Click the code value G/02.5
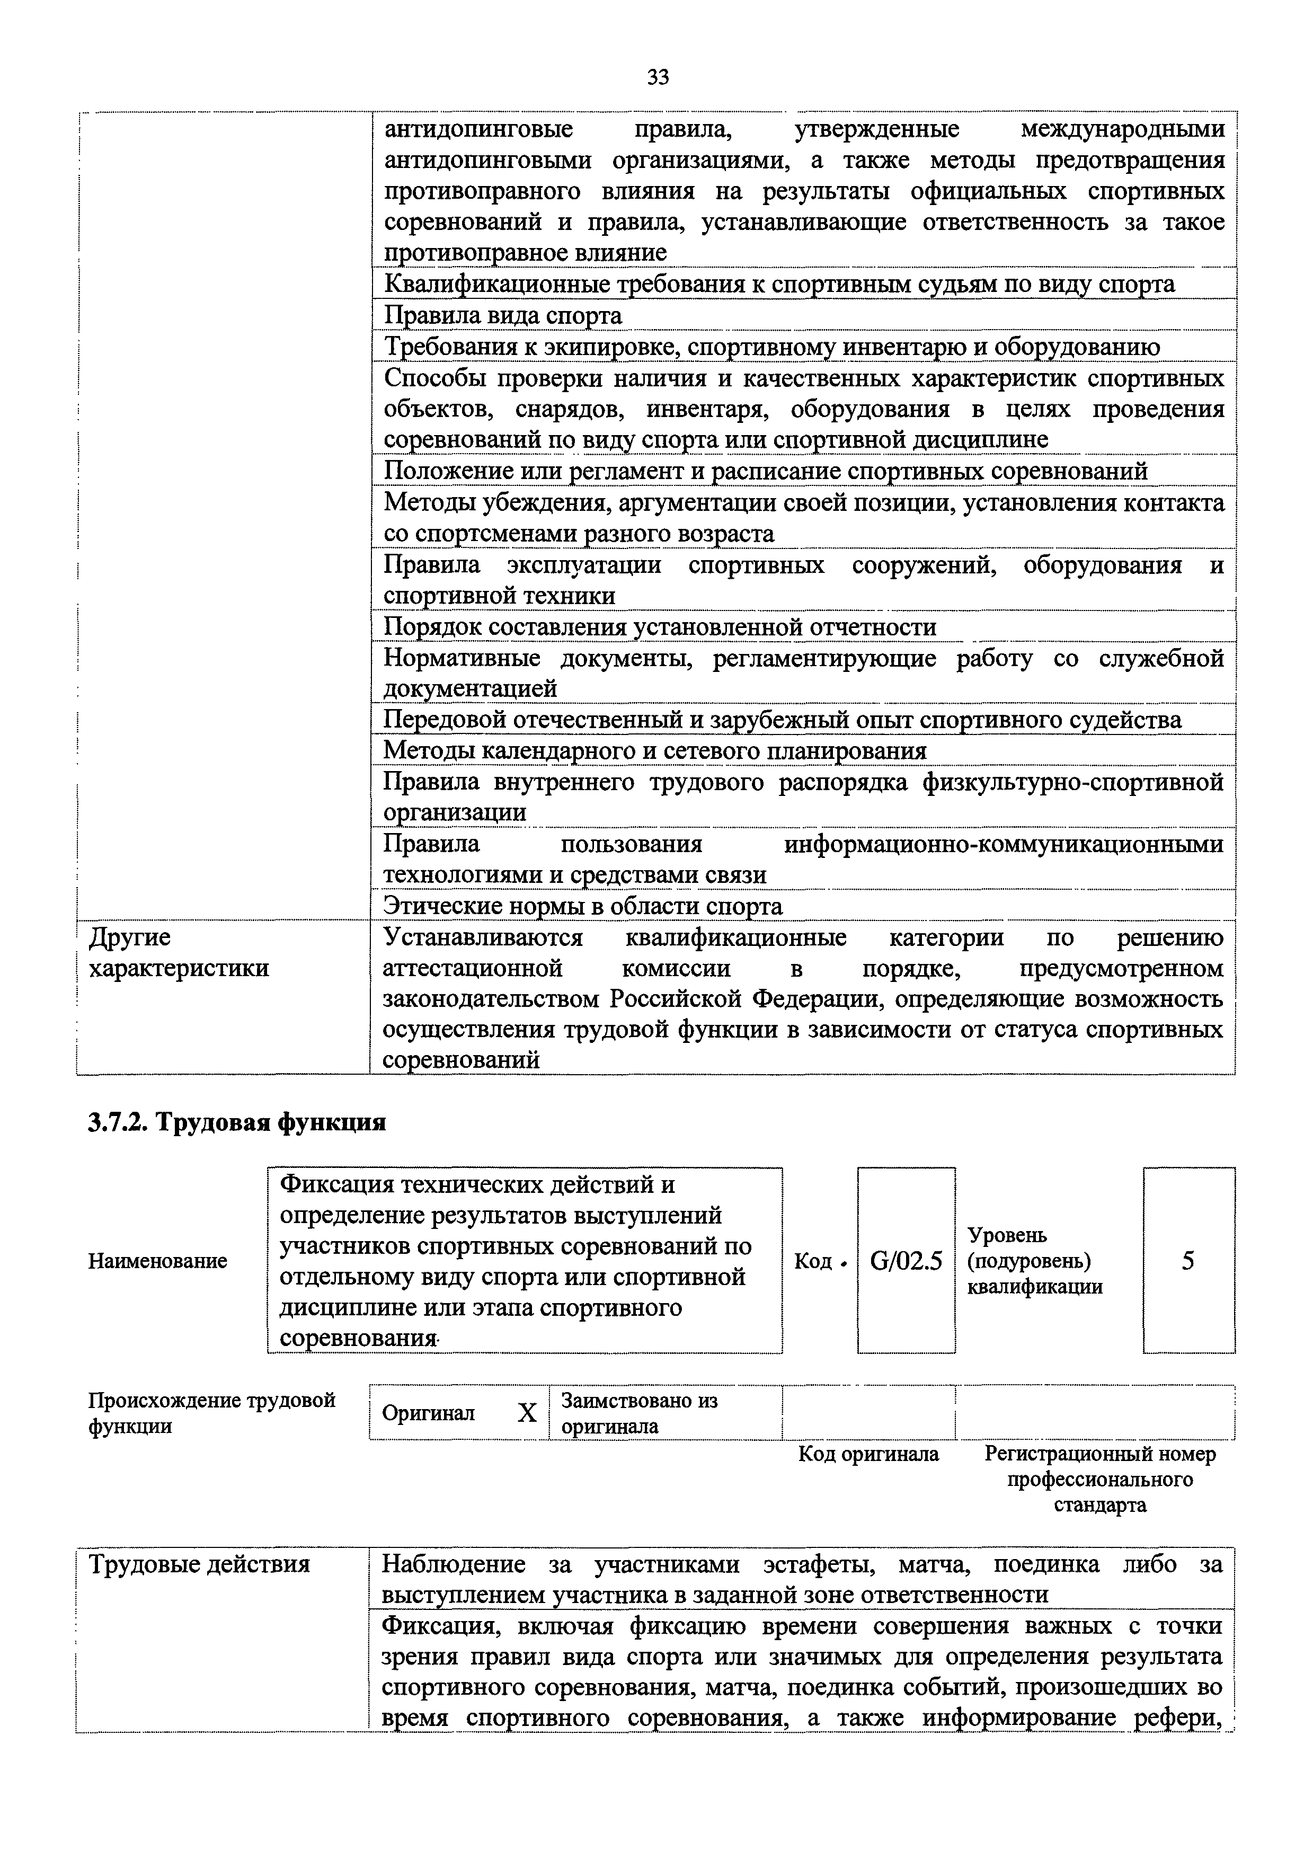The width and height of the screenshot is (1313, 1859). pyautogui.click(x=906, y=1261)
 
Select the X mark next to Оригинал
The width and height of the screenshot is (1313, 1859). pyautogui.click(x=527, y=1413)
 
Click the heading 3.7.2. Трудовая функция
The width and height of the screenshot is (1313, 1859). pyautogui.click(x=236, y=1122)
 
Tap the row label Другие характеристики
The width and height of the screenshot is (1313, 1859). pyautogui.click(x=178, y=953)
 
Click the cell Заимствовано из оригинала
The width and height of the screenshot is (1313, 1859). pyautogui.click(x=640, y=1413)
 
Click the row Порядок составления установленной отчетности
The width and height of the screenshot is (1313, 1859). pyautogui.click(x=659, y=627)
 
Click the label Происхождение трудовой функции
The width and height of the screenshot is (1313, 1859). pyautogui.click(x=211, y=1413)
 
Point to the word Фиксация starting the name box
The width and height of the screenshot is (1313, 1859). pyautogui.click(x=328, y=1184)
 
